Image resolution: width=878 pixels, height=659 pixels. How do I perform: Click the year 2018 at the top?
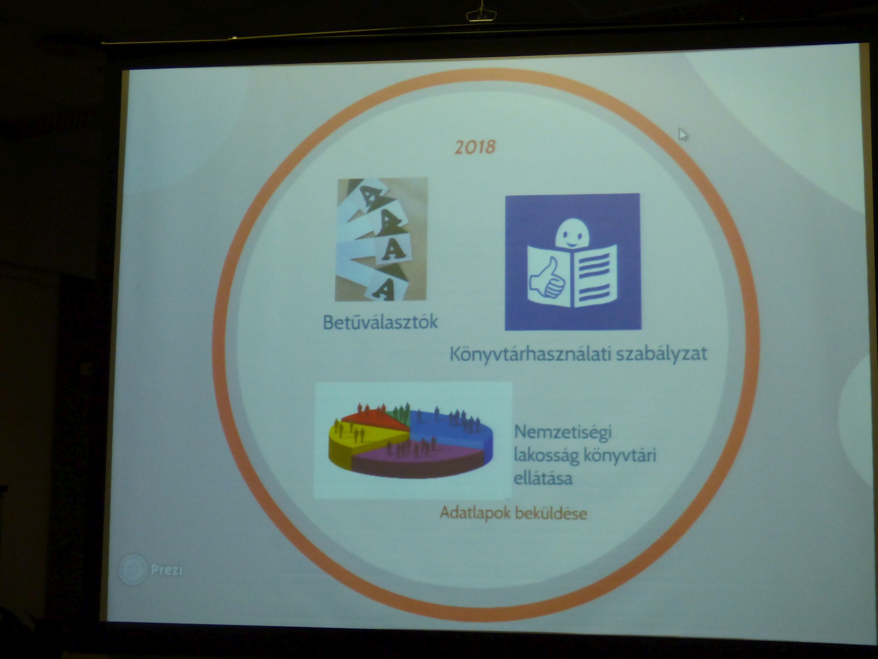[475, 147]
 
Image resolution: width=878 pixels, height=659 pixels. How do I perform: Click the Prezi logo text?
[167, 571]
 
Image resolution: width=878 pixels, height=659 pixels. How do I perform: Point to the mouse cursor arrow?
[683, 134]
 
